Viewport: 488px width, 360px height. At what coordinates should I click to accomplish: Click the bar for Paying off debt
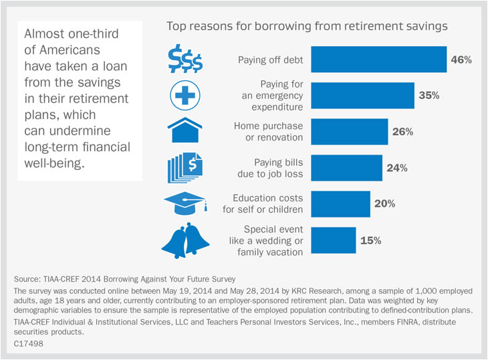[379, 60]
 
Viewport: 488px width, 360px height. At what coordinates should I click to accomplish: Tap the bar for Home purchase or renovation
[350, 132]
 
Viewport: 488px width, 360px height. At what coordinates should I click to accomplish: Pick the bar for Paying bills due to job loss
[346, 168]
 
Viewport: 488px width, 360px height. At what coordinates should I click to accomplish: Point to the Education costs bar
[340, 204]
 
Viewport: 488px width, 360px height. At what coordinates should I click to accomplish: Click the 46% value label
[461, 60]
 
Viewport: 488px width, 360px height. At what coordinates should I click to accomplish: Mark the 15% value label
[370, 240]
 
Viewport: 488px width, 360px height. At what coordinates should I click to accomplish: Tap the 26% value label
[402, 132]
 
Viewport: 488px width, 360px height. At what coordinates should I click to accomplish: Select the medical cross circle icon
[184, 96]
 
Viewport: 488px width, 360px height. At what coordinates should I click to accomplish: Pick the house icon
[184, 130]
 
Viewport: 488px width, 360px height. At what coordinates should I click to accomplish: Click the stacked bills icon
[184, 167]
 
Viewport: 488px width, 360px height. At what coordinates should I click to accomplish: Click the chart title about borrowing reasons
[307, 27]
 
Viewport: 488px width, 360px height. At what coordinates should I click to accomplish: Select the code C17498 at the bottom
[27, 341]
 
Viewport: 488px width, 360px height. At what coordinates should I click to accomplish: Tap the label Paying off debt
[271, 60]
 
